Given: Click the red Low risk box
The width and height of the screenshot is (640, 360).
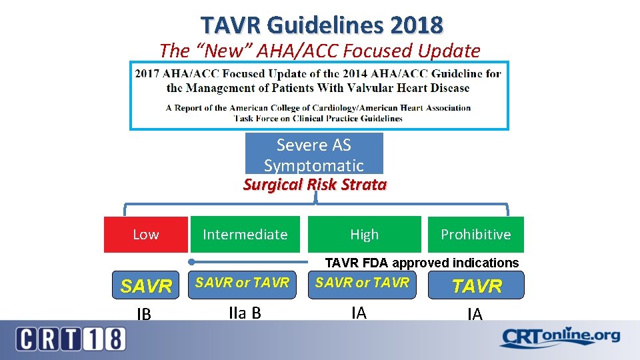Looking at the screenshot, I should pos(145,235).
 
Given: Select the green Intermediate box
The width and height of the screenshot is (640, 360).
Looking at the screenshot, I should pos(245,235).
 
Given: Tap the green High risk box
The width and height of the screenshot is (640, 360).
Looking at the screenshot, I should pos(364,235).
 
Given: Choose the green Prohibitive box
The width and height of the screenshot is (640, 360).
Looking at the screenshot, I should pos(475,235).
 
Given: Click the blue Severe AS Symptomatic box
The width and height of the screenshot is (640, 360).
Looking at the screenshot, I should pos(314,154).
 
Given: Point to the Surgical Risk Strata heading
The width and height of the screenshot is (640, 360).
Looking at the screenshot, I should pos(315,185).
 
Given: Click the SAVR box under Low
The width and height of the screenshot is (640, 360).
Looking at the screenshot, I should pos(146,286).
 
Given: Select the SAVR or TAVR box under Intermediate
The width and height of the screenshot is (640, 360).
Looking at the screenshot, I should pos(242,283).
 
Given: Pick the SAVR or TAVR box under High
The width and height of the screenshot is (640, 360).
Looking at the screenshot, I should pos(362,283).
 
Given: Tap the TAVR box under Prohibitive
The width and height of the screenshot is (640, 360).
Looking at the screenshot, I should pos(477,286).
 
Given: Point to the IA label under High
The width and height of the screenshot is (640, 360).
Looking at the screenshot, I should pos(359,313).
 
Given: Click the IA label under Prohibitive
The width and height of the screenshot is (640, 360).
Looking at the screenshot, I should pos(475,314).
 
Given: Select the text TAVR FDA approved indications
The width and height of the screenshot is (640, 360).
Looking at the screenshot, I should pos(421,263).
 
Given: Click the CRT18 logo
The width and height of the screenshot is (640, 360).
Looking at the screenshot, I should pos(70,339).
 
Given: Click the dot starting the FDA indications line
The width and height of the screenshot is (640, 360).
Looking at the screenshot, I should pos(191,262).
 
